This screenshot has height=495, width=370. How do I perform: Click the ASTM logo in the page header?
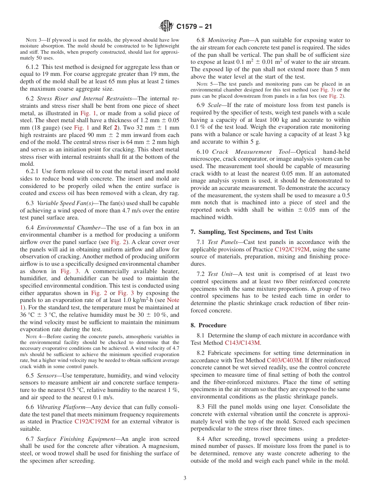167,26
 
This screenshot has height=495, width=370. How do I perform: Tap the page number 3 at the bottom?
185,478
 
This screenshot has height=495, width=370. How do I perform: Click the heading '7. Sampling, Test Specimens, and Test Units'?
252,232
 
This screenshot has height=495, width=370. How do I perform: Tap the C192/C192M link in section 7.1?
292,249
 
